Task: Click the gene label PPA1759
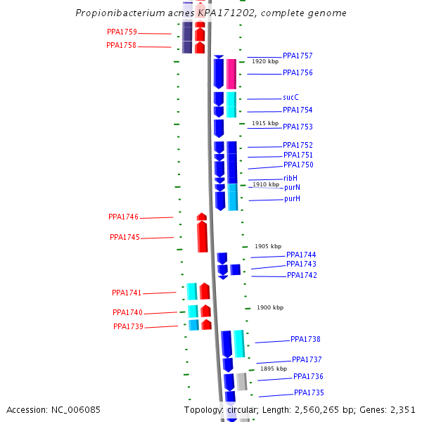click(122, 32)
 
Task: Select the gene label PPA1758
click(121, 46)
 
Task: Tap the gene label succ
click(291, 98)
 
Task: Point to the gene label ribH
click(290, 179)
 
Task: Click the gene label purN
click(292, 188)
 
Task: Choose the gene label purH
click(292, 199)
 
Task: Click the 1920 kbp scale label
click(265, 62)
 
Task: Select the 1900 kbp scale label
click(270, 307)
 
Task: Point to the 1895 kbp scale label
click(274, 369)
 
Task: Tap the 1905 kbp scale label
click(268, 246)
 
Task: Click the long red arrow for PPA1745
click(203, 237)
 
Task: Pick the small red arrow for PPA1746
click(202, 217)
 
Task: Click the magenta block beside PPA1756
click(231, 73)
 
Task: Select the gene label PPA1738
click(305, 339)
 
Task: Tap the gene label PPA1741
click(127, 293)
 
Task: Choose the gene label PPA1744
click(301, 255)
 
